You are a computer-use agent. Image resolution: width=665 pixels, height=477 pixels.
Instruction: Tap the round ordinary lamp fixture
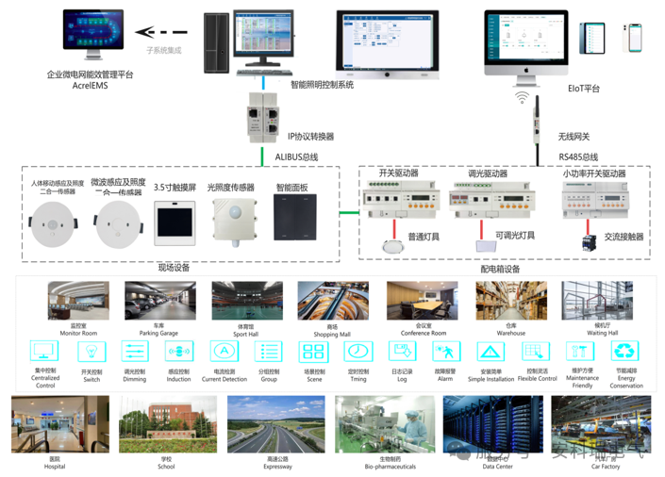point(392,246)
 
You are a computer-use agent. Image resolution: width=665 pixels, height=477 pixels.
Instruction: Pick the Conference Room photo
point(423,301)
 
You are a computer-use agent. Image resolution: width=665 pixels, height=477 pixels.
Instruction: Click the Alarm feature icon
point(445,352)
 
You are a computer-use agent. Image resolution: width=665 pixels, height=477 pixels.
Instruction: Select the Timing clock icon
point(357,352)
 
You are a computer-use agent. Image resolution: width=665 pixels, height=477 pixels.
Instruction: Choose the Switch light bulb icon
point(91,352)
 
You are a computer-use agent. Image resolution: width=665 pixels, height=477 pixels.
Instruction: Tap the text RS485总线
point(578,156)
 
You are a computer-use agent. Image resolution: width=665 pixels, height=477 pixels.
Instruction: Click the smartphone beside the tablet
point(635,38)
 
